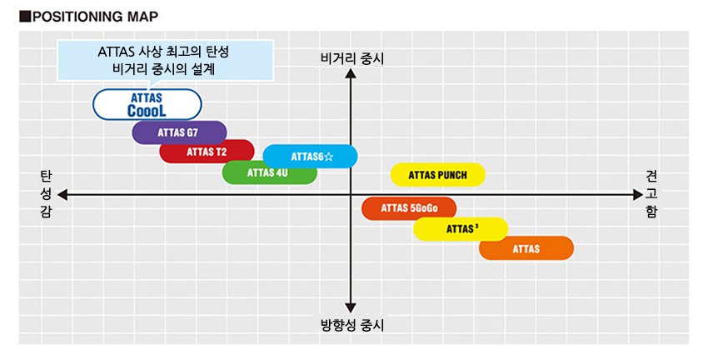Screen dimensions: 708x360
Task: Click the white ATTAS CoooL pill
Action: coord(147,104)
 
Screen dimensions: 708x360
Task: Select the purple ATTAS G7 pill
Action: coord(179,132)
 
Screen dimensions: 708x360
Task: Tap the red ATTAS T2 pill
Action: coord(207,152)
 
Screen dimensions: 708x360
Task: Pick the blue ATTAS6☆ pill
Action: coord(311,157)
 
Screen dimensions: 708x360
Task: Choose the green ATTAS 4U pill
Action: coord(269,172)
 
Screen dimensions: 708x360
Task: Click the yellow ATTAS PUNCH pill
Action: coord(438,175)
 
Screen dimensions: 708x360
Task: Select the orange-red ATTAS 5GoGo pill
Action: coord(409,208)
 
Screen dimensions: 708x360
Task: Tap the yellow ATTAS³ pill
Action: coord(461,228)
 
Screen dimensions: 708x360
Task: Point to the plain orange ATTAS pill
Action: coord(526,248)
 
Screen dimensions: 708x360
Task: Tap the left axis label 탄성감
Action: coord(45,194)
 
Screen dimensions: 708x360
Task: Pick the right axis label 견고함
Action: coord(651,194)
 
